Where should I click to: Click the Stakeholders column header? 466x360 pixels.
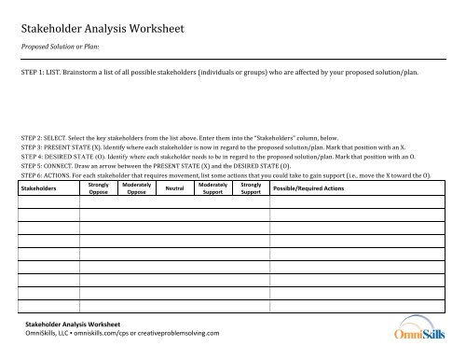(40, 189)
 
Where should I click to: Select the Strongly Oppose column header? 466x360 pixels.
(98, 189)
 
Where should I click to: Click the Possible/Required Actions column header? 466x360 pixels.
(310, 189)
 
